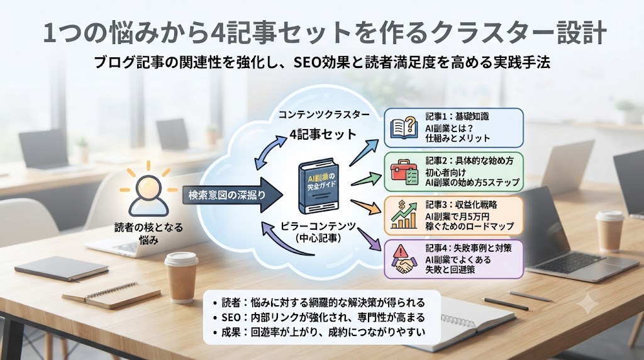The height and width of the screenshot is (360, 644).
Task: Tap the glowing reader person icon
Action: click(x=148, y=193)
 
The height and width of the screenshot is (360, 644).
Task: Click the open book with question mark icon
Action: click(x=403, y=128)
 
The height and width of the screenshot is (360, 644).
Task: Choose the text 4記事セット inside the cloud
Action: click(x=323, y=135)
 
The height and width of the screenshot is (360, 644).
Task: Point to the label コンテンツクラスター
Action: click(x=324, y=115)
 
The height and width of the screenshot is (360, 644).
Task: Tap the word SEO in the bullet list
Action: click(x=230, y=318)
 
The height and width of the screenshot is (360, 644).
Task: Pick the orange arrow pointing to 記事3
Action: click(x=365, y=207)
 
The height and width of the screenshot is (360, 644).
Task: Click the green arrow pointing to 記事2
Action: click(x=366, y=179)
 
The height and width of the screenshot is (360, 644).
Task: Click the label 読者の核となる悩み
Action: click(x=148, y=233)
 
